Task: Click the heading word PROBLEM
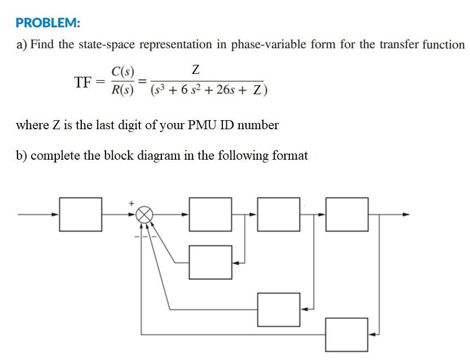coord(48,23)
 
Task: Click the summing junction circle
coord(145,214)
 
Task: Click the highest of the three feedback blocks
coord(210,262)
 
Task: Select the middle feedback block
coord(279,309)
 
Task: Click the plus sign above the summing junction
coord(132,203)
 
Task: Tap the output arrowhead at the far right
coord(406,214)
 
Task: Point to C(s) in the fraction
coord(122,72)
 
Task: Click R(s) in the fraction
coord(122,90)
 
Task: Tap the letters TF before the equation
coord(82,82)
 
